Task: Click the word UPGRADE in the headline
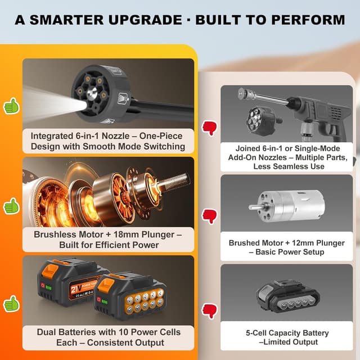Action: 145,20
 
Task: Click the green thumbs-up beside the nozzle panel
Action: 11,106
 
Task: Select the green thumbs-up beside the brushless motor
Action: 11,206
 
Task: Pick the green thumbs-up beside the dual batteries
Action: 11,304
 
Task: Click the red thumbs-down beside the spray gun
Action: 209,128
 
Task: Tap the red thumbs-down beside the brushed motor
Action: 209,216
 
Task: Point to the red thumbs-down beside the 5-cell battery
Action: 209,311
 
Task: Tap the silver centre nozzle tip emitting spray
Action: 91,93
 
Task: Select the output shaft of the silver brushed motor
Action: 254,206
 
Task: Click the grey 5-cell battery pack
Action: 288,296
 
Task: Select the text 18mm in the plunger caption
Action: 127,235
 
